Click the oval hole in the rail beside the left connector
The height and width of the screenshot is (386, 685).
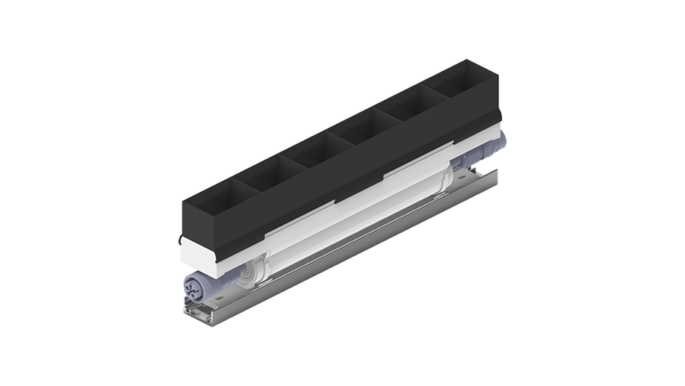coord(223,295)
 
